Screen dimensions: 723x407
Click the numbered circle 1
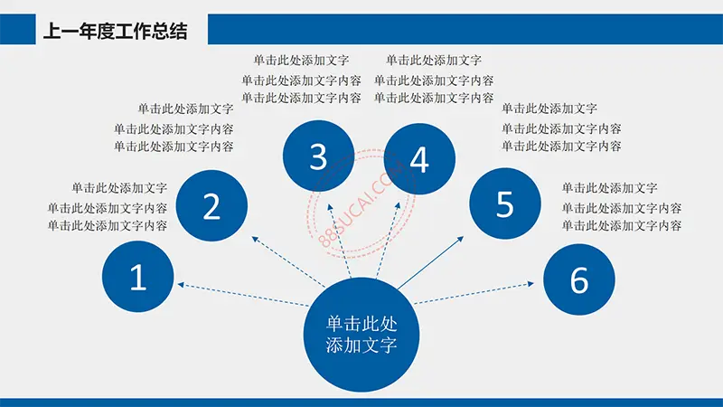click(x=138, y=277)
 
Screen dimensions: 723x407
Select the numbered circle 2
click(x=211, y=206)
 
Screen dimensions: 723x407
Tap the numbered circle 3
click(x=319, y=156)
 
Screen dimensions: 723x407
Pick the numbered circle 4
click(x=419, y=159)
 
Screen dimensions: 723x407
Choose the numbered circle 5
click(x=505, y=203)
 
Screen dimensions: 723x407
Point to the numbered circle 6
click(x=579, y=279)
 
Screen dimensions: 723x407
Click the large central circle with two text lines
click(x=361, y=335)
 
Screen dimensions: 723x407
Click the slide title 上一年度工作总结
click(x=116, y=32)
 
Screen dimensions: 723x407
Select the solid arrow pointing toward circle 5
click(x=431, y=262)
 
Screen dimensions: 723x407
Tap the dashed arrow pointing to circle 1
click(x=243, y=295)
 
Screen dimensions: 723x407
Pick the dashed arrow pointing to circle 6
click(x=474, y=293)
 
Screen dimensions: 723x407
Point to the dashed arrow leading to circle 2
click(x=288, y=261)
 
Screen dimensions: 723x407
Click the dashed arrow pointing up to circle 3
click(x=339, y=241)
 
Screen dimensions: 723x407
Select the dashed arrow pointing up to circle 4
click(x=389, y=240)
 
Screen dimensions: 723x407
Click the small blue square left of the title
click(x=17, y=29)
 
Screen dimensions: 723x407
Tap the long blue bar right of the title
click(x=465, y=29)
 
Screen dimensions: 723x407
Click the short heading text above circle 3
click(x=301, y=60)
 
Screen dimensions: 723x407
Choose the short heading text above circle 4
click(x=434, y=60)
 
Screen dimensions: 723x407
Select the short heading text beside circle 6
click(x=609, y=188)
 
